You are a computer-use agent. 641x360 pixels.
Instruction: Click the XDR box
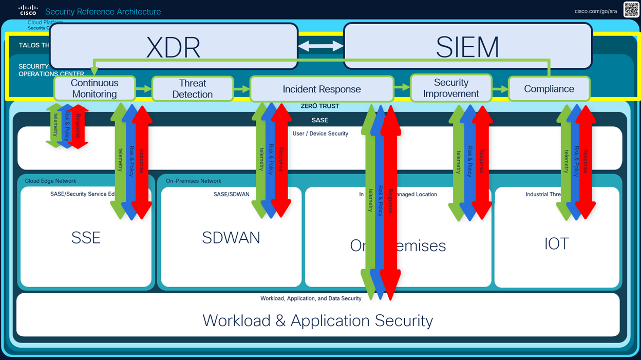tap(174, 46)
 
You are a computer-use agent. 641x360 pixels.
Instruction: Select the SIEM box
tap(467, 46)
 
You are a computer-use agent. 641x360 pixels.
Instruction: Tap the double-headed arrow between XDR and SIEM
tap(321, 46)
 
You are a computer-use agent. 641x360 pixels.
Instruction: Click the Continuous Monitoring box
tap(95, 88)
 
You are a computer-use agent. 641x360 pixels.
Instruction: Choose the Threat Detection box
tap(193, 89)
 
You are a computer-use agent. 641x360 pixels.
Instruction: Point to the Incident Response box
tap(322, 89)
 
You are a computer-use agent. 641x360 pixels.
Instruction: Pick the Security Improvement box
tap(451, 88)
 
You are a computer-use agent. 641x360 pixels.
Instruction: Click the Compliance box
tap(549, 89)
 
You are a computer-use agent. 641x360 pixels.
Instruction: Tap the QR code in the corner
tap(631, 10)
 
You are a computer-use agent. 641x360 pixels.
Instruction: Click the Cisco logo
tap(28, 10)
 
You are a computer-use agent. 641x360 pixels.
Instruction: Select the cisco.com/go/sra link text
tap(596, 11)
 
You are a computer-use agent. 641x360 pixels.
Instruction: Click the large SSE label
tap(86, 238)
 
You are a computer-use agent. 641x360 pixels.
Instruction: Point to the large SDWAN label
tap(231, 238)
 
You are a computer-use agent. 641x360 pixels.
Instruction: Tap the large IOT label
tap(556, 243)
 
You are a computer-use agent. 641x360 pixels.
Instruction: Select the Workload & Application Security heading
tap(317, 320)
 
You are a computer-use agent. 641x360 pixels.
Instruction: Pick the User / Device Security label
tap(320, 134)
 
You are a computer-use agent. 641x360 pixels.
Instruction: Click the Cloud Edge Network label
tap(50, 181)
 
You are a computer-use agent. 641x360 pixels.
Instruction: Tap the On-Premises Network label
tap(194, 181)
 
